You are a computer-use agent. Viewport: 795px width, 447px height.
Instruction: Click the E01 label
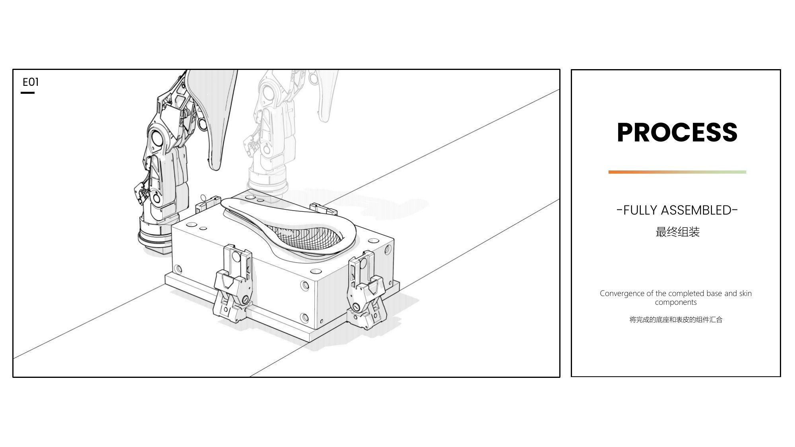tap(31, 82)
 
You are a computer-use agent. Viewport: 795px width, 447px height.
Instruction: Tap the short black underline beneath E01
tap(27, 93)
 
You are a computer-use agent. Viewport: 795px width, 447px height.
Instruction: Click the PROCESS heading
tap(677, 132)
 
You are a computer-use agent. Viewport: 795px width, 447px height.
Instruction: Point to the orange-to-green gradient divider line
tap(677, 172)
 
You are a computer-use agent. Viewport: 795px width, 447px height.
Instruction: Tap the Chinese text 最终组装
tap(677, 232)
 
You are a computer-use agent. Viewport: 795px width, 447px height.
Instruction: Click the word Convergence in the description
tap(622, 294)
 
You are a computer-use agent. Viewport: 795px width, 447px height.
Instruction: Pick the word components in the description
tap(676, 302)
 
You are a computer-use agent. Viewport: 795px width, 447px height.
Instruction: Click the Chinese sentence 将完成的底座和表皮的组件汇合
tap(676, 319)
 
